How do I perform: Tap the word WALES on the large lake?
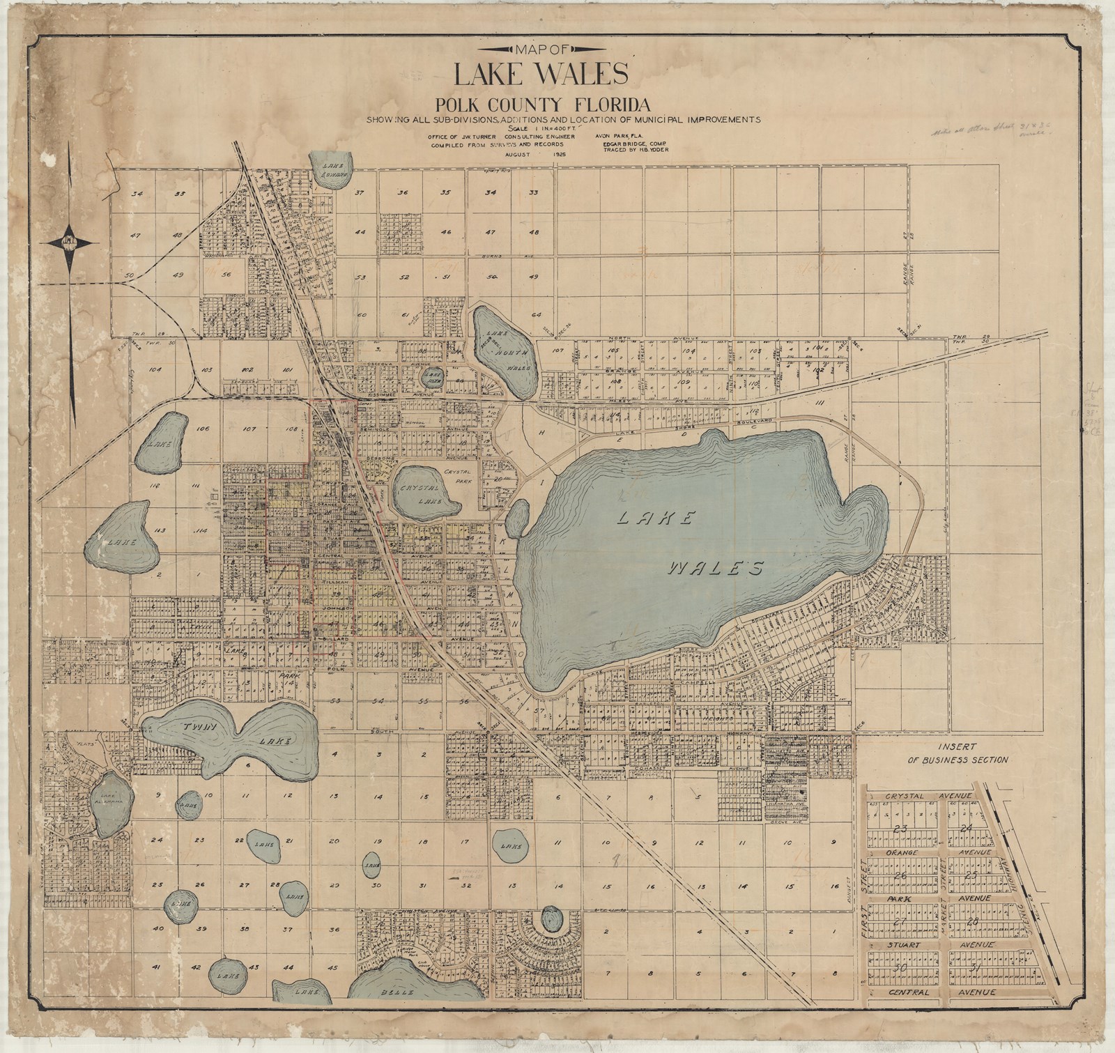[712, 569]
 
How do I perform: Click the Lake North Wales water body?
[505, 350]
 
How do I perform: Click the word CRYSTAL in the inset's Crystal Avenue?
[904, 795]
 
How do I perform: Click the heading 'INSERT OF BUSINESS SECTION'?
[956, 753]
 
